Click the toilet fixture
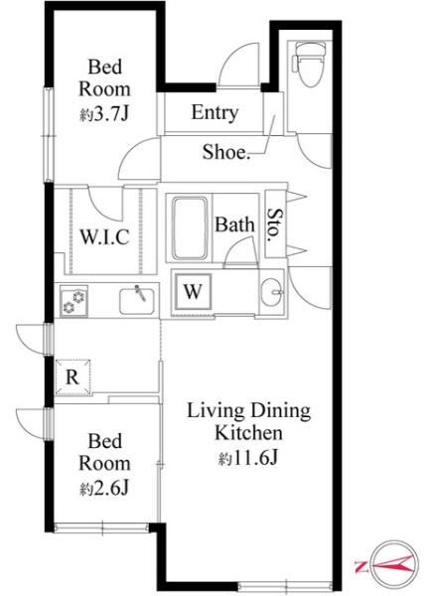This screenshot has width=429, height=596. click(x=309, y=64)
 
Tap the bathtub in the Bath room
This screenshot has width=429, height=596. click(x=190, y=228)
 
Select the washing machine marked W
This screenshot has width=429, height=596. click(x=194, y=291)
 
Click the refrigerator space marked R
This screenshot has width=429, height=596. click(x=72, y=377)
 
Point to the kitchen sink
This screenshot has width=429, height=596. click(x=137, y=301)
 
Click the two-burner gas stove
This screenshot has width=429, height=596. click(x=73, y=301)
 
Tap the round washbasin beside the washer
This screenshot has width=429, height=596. click(x=272, y=292)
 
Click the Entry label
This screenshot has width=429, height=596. click(x=214, y=112)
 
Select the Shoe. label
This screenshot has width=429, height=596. click(x=226, y=152)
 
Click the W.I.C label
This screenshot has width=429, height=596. click(x=104, y=236)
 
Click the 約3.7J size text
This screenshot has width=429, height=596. click(x=104, y=113)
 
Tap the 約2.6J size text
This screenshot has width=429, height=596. click(x=104, y=488)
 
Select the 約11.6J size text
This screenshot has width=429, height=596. click(x=248, y=458)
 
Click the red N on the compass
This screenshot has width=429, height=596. click(x=360, y=566)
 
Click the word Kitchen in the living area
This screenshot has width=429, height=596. click(x=248, y=433)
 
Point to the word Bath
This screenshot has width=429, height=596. click(x=234, y=224)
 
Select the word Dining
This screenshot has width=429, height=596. click(x=281, y=411)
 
